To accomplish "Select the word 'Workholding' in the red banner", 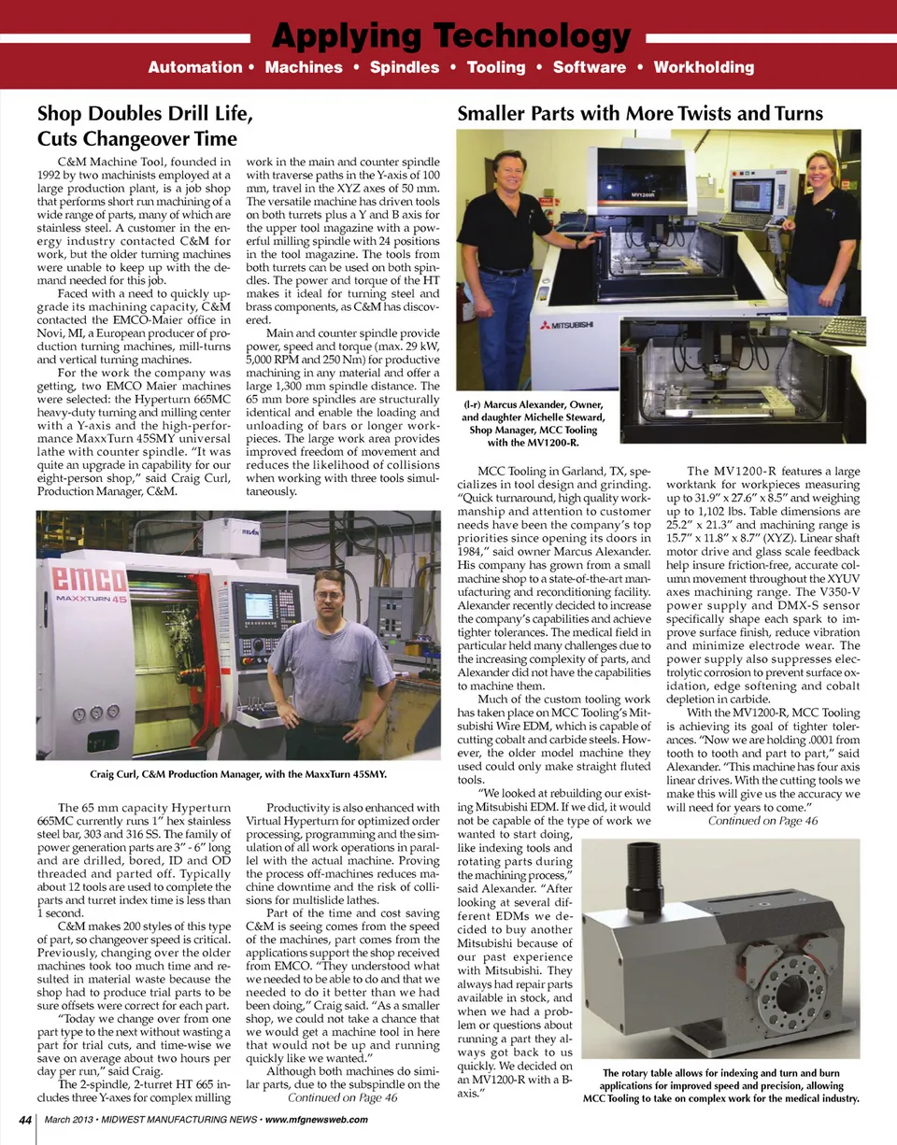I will (704, 67).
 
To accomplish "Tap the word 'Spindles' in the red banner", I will (405, 67).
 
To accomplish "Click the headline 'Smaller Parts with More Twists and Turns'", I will (640, 114).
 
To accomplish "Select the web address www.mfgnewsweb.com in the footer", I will (316, 1121).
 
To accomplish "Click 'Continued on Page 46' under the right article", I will (762, 820).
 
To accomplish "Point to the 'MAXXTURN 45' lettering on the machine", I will (92, 598).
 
